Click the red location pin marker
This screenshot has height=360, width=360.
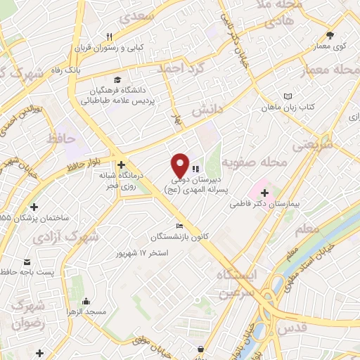[181, 165]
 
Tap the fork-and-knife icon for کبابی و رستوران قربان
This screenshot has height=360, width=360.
[109, 37]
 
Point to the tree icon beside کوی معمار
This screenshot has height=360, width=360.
[330, 34]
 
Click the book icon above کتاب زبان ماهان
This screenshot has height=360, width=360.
[286, 96]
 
